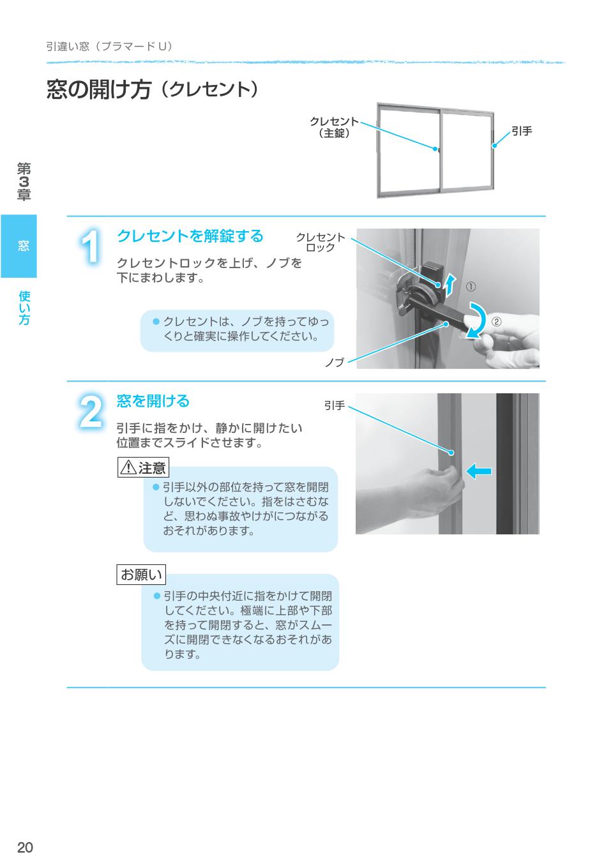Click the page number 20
25,847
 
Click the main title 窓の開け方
99,90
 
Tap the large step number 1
92,246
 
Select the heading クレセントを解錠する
190,236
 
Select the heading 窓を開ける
153,401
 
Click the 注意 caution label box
143,468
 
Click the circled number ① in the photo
471,287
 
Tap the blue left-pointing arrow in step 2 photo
479,471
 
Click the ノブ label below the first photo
334,362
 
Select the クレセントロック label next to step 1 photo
321,242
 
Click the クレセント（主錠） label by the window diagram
334,127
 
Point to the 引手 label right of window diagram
522,131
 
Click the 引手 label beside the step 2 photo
335,405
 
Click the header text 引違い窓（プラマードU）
109,47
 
